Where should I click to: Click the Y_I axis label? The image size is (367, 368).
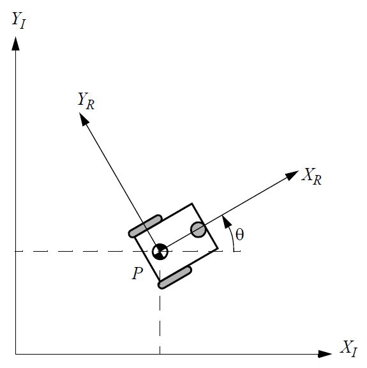coord(19,20)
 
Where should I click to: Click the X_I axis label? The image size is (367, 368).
coord(348,349)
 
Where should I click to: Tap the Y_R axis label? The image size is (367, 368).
coord(86,101)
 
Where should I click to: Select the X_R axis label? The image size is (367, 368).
coord(311,176)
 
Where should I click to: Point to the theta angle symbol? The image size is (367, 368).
coord(239,234)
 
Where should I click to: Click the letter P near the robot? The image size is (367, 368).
coord(137,273)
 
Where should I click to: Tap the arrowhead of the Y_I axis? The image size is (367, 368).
coord(15,43)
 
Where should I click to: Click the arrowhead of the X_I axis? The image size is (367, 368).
coord(325,354)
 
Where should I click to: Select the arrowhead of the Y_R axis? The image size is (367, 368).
coord(84,119)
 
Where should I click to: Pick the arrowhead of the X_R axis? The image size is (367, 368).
coord(292,175)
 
